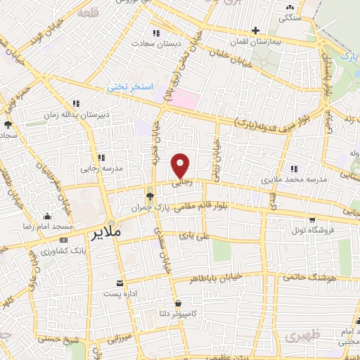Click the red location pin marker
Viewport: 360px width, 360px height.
181,165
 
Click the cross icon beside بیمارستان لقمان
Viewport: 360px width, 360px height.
255,30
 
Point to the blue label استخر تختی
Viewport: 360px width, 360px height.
127,87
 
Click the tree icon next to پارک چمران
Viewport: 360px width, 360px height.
149,196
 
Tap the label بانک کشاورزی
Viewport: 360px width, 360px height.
63,250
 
